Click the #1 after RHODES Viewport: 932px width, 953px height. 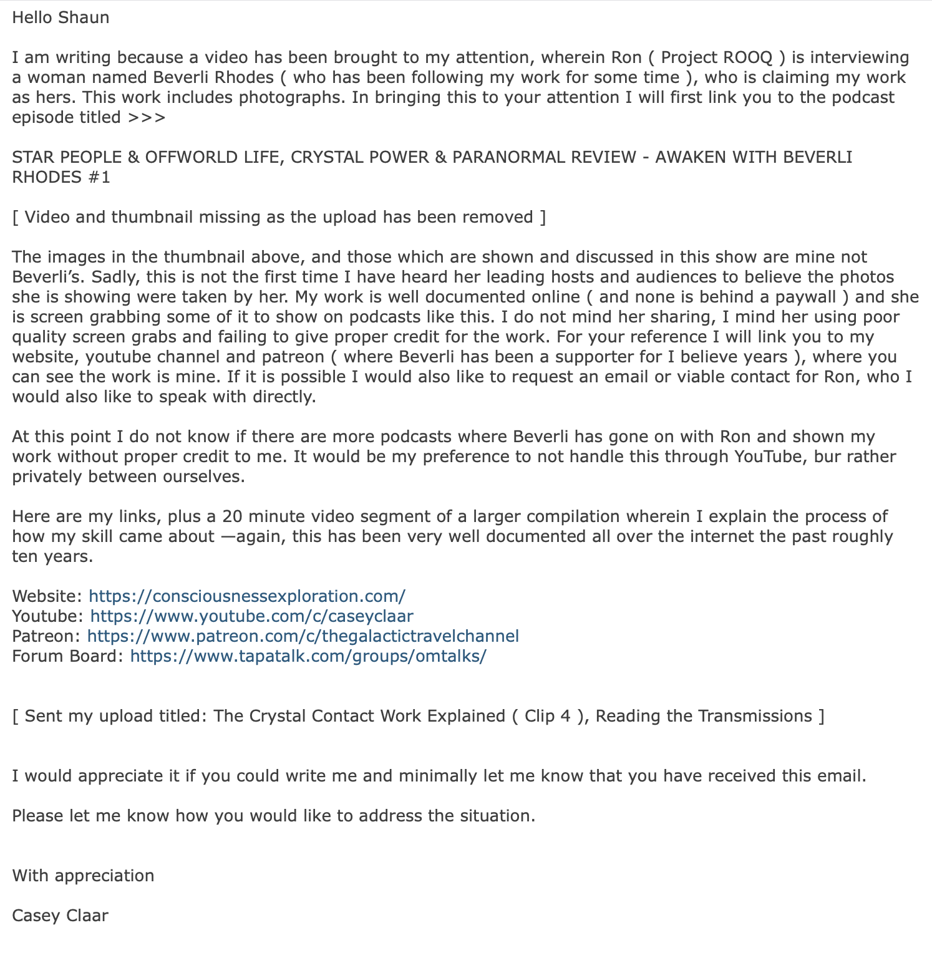click(99, 177)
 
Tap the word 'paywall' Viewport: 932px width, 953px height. click(805, 297)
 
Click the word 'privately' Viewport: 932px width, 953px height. click(47, 476)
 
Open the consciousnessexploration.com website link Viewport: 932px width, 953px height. click(247, 596)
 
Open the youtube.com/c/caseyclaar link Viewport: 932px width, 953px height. click(251, 616)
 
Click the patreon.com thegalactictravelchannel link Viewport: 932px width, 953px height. click(303, 636)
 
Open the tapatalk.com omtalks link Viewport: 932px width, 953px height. click(308, 656)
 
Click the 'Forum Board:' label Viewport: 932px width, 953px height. click(68, 656)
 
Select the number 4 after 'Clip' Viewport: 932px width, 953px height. click(565, 716)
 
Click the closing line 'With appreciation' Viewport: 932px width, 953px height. click(83, 876)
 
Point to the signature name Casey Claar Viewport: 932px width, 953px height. click(60, 916)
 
